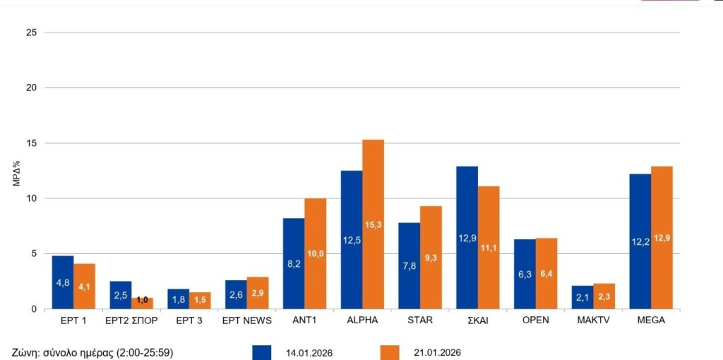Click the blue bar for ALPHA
(x=352, y=239)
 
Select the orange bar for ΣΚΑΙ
(x=489, y=247)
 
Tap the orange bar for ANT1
(x=315, y=253)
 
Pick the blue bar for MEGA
(x=640, y=241)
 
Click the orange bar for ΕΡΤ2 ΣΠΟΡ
(x=142, y=304)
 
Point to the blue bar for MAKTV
(x=582, y=297)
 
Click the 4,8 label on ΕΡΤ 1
(x=63, y=283)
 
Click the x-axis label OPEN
(x=535, y=320)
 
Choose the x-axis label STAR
(x=419, y=320)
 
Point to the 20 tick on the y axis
(x=31, y=88)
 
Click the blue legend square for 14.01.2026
(x=262, y=352)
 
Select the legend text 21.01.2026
(x=437, y=352)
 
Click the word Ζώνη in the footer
(x=26, y=352)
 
